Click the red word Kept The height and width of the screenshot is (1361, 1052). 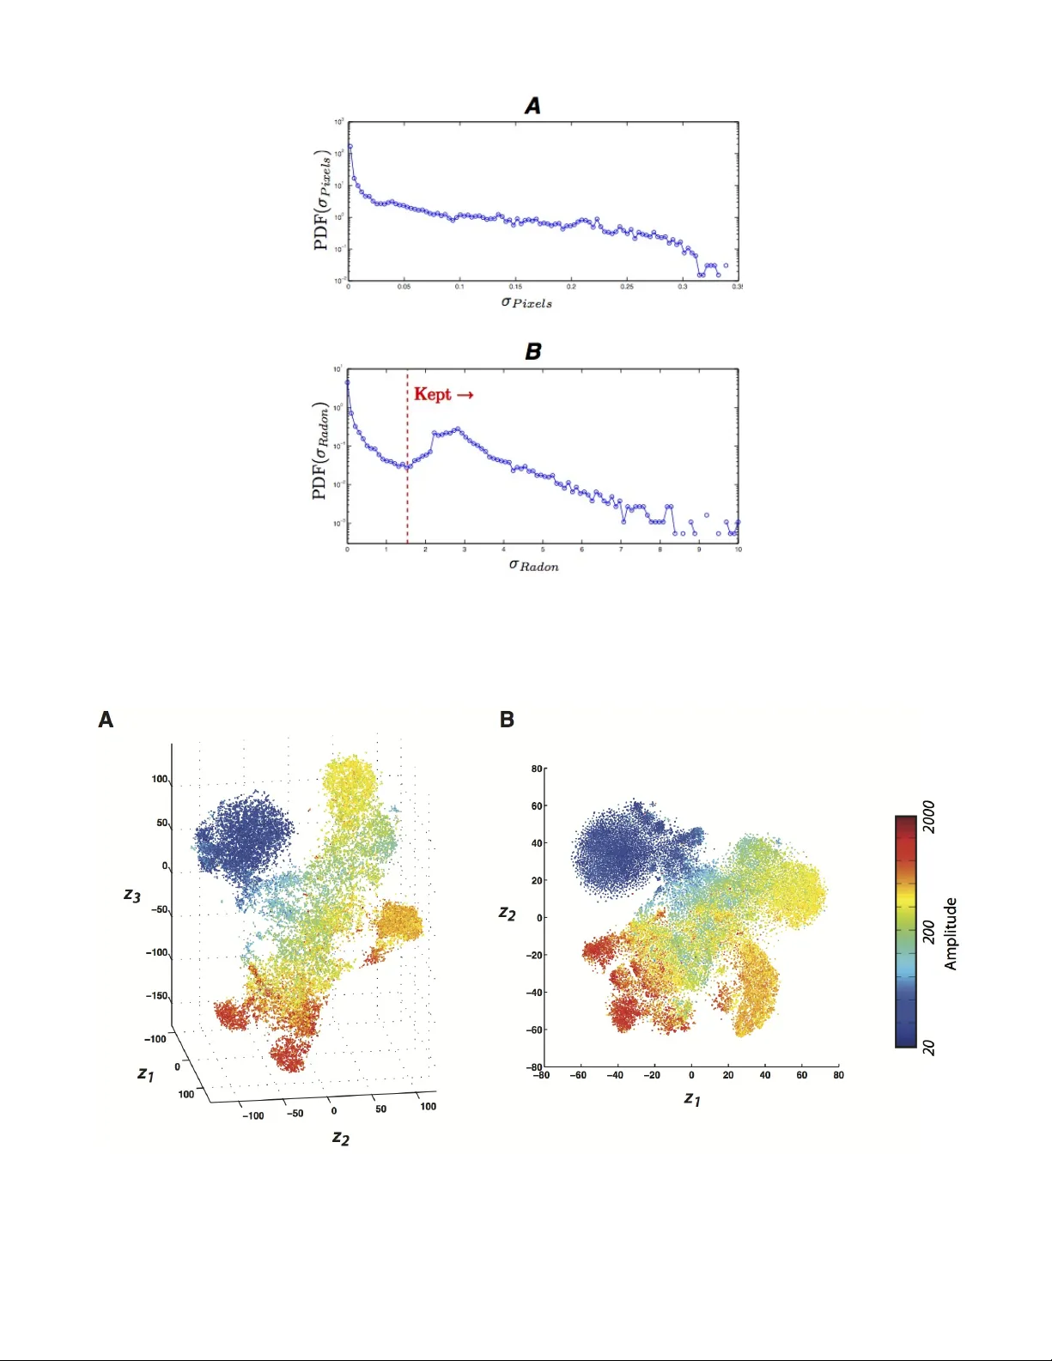coord(433,394)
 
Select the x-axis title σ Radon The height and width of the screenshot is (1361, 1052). coord(533,565)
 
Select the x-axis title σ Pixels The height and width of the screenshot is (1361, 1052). coord(526,302)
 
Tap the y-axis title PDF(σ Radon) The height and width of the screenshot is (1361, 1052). coord(321,451)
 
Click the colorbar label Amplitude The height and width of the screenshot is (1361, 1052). coord(951,934)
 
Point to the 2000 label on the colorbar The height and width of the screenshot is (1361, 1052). coord(928,817)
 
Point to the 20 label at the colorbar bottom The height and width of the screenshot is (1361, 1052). coord(928,1048)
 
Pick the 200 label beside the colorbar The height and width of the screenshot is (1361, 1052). coord(928,932)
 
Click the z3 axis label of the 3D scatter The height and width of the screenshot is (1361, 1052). coord(131,896)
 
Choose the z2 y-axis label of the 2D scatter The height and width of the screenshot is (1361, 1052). coord(508,914)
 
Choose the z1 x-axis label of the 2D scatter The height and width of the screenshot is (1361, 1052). coord(692,1098)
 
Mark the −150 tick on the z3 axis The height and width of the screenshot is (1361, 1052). coord(159,996)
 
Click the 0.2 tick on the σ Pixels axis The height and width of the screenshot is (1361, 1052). coord(571,287)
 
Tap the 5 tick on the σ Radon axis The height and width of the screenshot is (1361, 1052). coord(543,550)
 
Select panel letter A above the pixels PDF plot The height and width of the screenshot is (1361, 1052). coord(532,106)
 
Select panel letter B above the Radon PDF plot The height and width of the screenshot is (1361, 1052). coord(532,351)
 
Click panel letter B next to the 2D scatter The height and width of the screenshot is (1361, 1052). coord(507,720)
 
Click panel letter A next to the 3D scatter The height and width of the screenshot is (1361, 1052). coord(106,720)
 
